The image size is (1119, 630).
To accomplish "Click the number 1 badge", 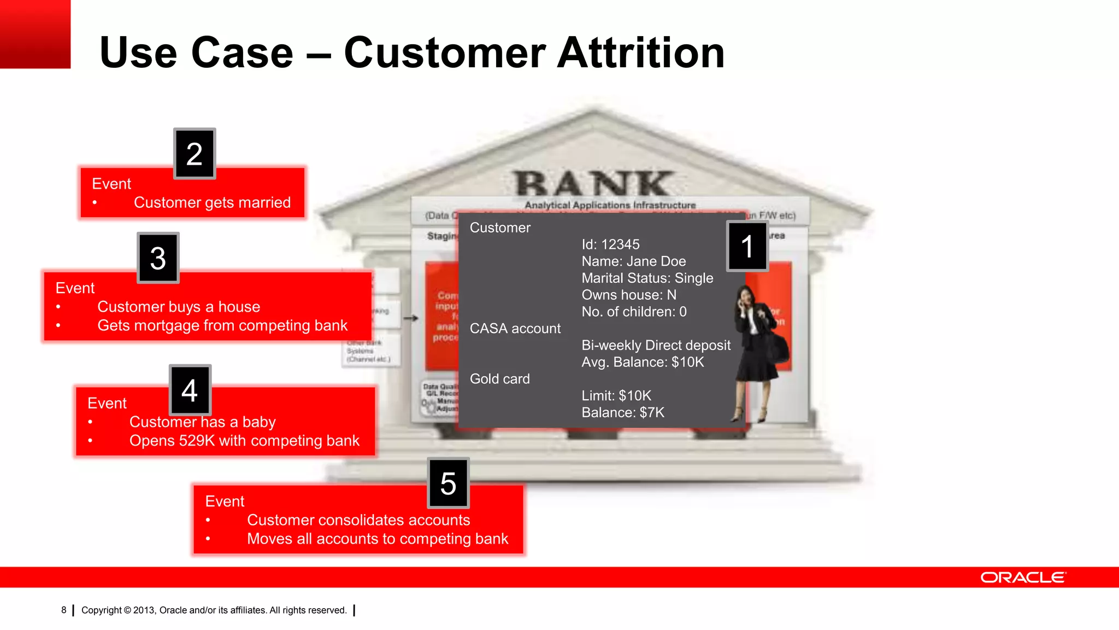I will point(747,246).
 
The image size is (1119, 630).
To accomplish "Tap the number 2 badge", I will point(195,154).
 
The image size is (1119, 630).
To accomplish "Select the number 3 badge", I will point(158,258).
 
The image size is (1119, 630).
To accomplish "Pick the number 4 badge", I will point(190,390).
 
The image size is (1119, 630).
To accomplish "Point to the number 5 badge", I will point(448,483).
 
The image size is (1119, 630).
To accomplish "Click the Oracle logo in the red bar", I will point(1023,577).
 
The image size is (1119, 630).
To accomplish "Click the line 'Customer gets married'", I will point(212,203).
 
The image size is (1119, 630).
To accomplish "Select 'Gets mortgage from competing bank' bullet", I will point(222,326).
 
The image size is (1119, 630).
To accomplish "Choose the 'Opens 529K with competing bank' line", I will point(244,441).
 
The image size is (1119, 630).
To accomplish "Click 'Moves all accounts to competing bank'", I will point(377,539).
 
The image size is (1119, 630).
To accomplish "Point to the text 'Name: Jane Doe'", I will point(633,261).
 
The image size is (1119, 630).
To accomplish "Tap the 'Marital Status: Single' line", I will point(647,278).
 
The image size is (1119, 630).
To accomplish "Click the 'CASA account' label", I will point(515,329).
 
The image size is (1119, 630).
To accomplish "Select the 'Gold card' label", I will point(499,379).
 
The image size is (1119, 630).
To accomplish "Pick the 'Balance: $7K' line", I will point(623,413).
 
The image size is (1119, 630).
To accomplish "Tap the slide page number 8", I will point(64,610).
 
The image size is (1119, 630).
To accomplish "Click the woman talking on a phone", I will point(758,350).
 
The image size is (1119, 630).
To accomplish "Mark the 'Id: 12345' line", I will point(610,244).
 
